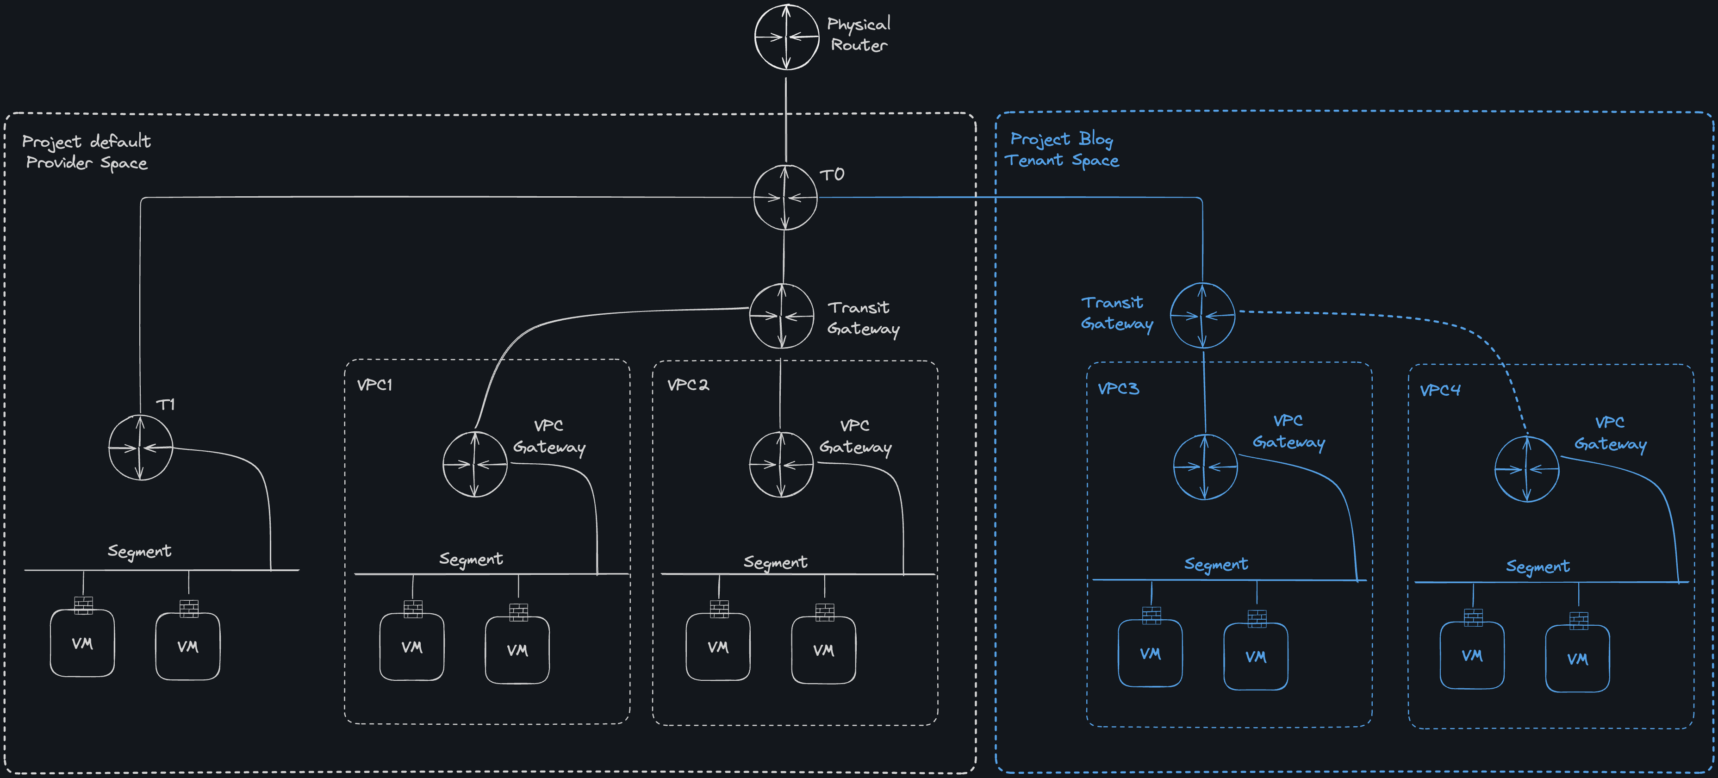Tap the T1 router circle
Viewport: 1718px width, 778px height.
point(140,448)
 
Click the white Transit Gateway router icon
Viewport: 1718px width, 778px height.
point(782,316)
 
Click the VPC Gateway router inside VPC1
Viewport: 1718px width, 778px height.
point(475,464)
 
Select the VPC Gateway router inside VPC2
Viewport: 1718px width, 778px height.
point(781,464)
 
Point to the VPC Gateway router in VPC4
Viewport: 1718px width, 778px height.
point(1526,469)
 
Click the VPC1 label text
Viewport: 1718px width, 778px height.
point(374,385)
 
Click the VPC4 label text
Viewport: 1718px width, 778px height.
point(1439,390)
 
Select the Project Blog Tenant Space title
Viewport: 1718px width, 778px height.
point(1061,149)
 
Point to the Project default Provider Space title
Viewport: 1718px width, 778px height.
point(86,152)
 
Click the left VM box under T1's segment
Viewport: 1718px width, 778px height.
point(82,643)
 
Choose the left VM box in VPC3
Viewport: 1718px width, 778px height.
point(1150,654)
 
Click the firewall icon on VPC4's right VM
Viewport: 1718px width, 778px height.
point(1578,621)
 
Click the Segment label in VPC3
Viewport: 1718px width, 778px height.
point(1215,564)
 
